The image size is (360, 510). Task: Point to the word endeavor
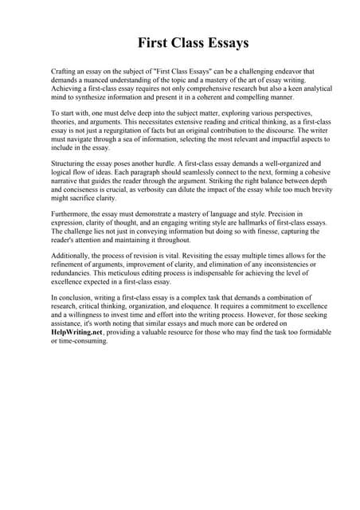coord(272,71)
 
